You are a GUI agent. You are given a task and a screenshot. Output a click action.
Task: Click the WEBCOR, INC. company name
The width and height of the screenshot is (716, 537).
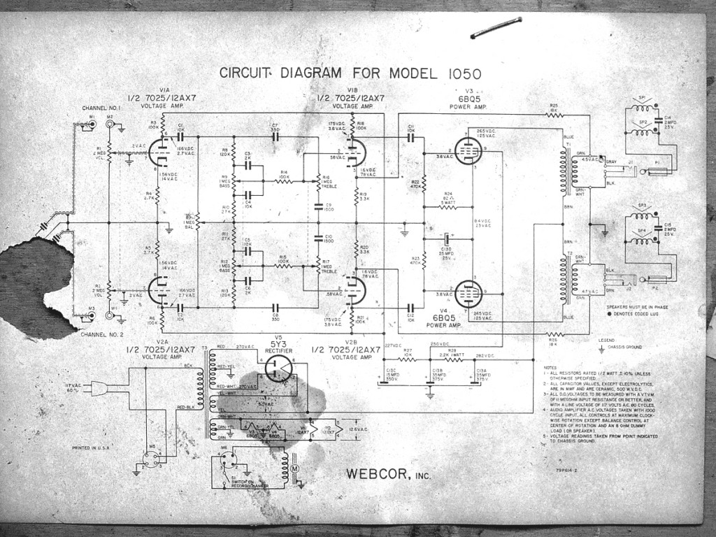click(x=388, y=474)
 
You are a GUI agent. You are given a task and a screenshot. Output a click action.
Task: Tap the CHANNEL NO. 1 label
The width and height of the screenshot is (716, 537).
click(x=101, y=108)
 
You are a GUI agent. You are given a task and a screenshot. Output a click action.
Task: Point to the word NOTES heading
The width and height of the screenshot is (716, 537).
click(x=552, y=367)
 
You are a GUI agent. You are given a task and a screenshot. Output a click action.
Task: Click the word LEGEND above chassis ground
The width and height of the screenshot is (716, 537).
click(x=607, y=340)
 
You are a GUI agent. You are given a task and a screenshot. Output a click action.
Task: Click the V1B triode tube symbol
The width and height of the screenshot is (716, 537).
click(x=355, y=150)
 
